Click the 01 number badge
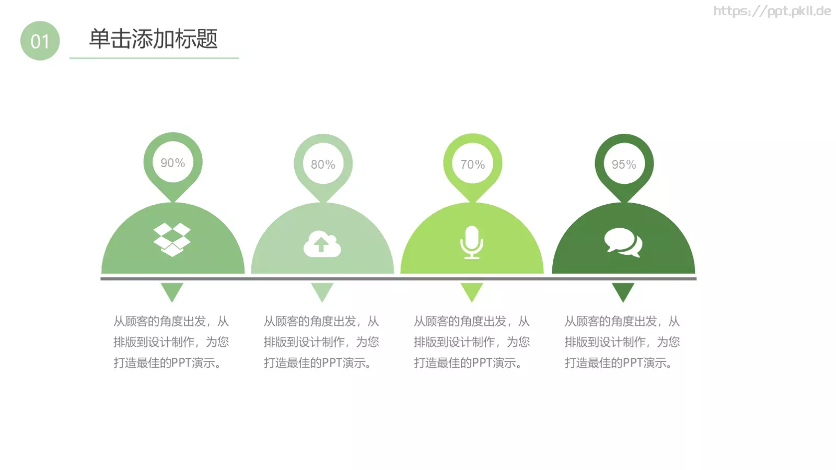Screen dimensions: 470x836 pyautogui.click(x=40, y=41)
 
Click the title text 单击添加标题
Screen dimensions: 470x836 pyautogui.click(x=153, y=39)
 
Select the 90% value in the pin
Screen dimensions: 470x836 pyautogui.click(x=172, y=163)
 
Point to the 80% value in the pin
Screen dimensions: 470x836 pyautogui.click(x=323, y=164)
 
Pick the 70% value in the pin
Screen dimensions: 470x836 pyautogui.click(x=472, y=164)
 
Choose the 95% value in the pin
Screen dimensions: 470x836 pyautogui.click(x=624, y=164)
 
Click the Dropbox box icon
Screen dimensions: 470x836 pyautogui.click(x=172, y=240)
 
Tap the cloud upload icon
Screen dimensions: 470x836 pyautogui.click(x=322, y=244)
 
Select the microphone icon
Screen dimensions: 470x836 pyautogui.click(x=472, y=242)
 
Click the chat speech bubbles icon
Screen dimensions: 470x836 pyautogui.click(x=623, y=242)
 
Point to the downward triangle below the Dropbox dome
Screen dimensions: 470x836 pyautogui.click(x=172, y=291)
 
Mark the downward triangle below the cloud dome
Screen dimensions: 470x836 pyautogui.click(x=322, y=291)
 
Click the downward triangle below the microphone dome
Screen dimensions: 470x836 pyautogui.click(x=472, y=291)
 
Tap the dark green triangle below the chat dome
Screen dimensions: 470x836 pyautogui.click(x=623, y=291)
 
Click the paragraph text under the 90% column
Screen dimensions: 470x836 pyautogui.click(x=171, y=342)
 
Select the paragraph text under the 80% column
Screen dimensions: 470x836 pyautogui.click(x=321, y=342)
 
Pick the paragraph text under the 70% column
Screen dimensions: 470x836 pyautogui.click(x=472, y=342)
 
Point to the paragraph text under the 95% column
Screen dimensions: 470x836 pyautogui.click(x=622, y=342)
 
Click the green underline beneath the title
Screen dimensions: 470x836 pyautogui.click(x=154, y=58)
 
